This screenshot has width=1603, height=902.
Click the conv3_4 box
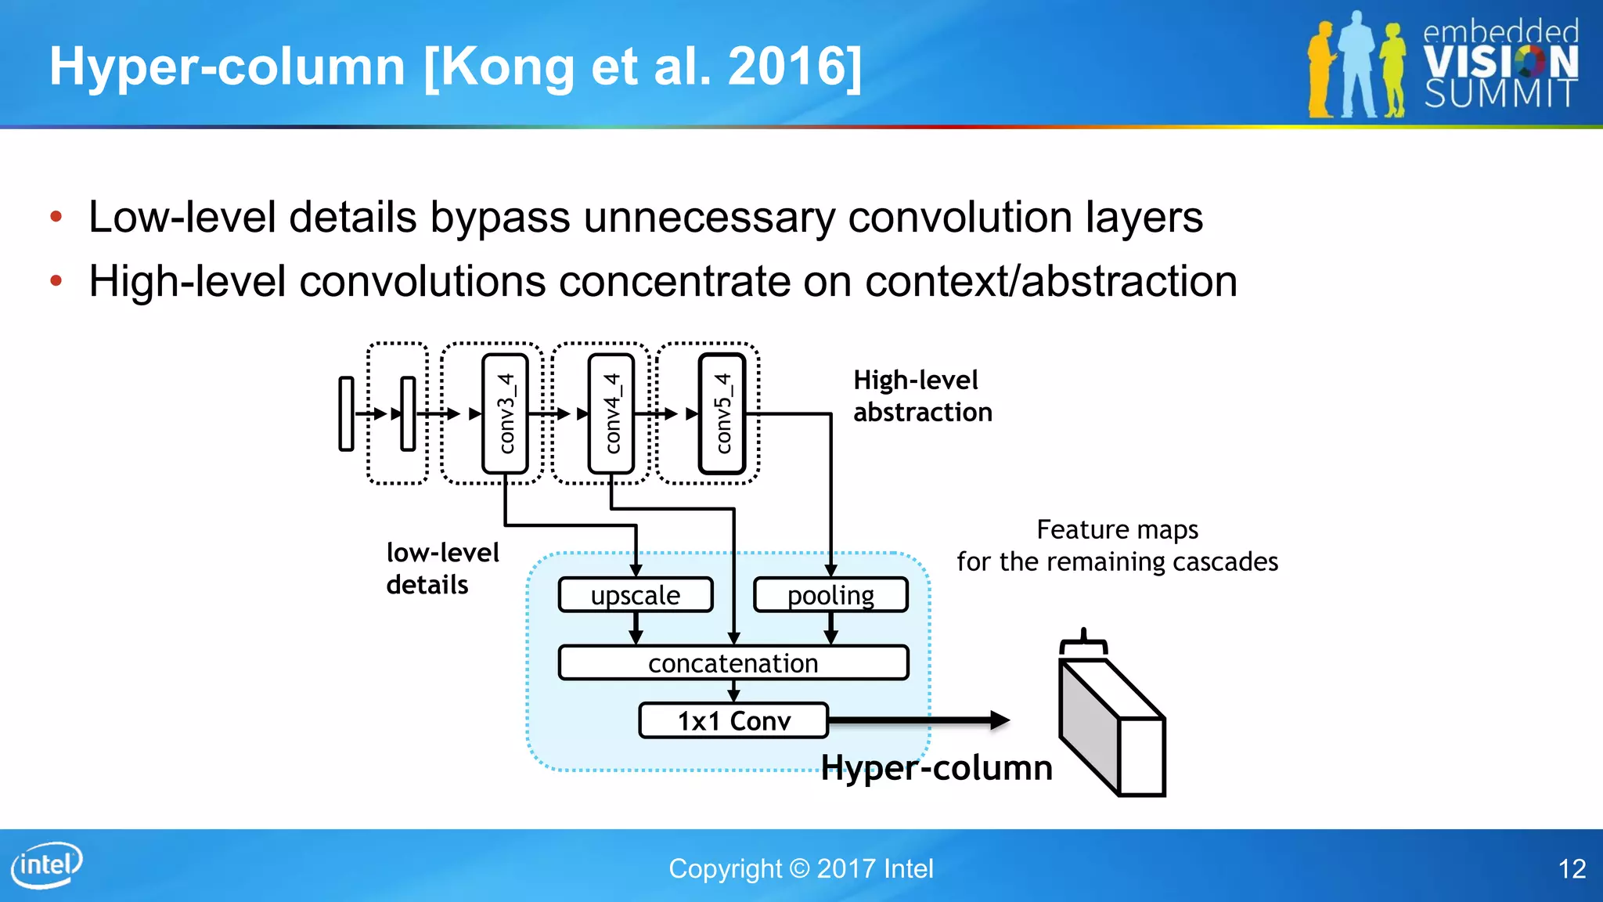pos(506,413)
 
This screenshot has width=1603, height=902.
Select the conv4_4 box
pos(611,413)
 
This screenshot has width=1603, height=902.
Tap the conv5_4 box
pos(722,413)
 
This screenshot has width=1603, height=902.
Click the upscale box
pos(636,595)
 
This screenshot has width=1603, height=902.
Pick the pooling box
pos(830,595)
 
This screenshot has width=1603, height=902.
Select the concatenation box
pos(733,663)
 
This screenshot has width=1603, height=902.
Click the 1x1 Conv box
pos(733,720)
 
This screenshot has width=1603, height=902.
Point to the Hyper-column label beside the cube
pos(936,767)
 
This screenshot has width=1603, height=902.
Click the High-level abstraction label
pos(922,396)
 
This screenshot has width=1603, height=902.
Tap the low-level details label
pos(442,568)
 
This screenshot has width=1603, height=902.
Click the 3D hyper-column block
pos(1111,727)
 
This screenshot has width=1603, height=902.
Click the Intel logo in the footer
pos(47,865)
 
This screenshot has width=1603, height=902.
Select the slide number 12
pos(1572,868)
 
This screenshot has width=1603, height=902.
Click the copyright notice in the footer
pos(801,868)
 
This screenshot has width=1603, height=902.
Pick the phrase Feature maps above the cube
pos(1117,529)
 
